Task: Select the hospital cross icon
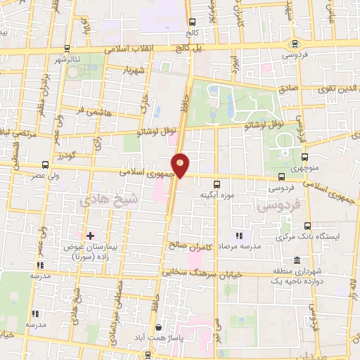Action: (89, 234)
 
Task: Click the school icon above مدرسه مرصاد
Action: (239, 236)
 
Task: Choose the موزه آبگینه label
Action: (216, 194)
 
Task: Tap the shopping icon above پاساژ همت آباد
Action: (159, 327)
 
